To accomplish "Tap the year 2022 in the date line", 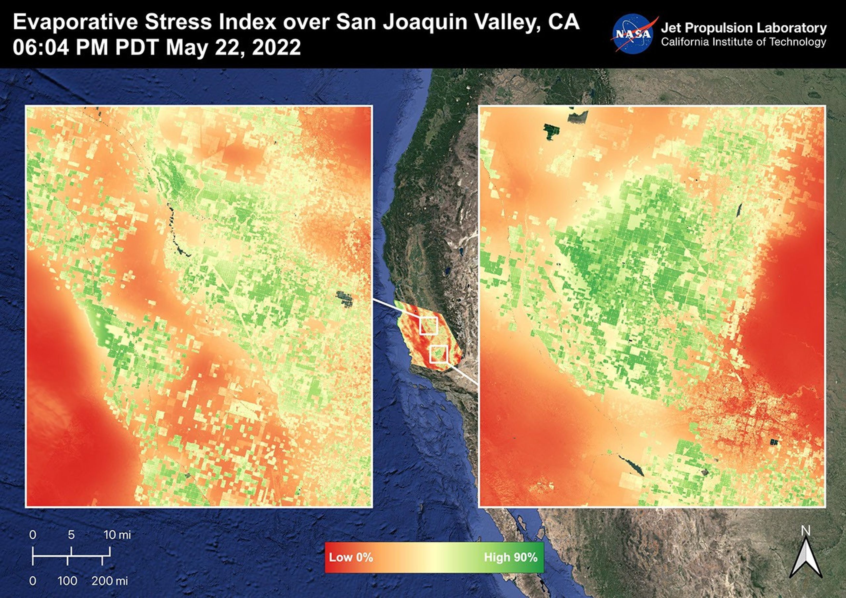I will (276, 48).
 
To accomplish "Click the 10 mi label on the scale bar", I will (117, 535).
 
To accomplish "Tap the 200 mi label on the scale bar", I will (110, 581).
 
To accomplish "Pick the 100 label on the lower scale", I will (68, 581).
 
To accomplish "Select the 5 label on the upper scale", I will (71, 535).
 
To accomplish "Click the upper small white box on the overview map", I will (428, 326).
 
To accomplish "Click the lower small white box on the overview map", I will (439, 354).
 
